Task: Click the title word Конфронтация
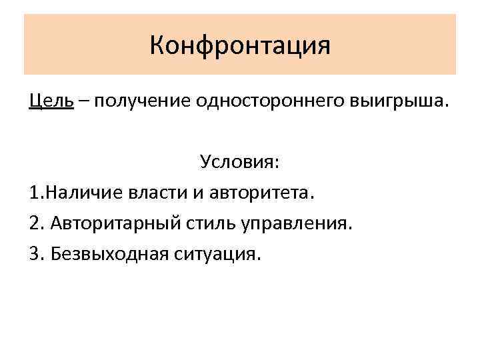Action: click(x=240, y=45)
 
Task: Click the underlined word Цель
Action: click(x=51, y=101)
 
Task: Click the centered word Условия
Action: click(x=237, y=163)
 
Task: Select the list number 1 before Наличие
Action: click(x=34, y=193)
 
